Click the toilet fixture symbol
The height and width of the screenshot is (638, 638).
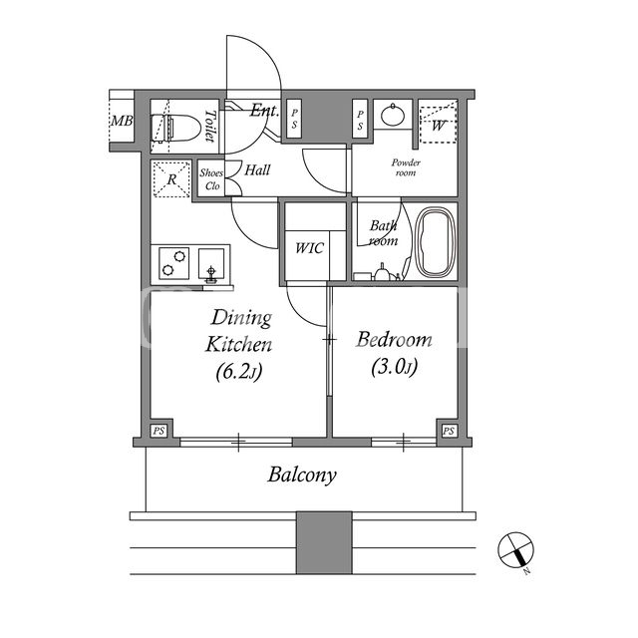tap(175, 129)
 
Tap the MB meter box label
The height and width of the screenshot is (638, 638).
tap(122, 121)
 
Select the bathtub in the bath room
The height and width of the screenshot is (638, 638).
tap(436, 243)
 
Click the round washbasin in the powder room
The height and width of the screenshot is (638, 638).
tap(393, 115)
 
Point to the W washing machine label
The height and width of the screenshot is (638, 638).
tap(438, 126)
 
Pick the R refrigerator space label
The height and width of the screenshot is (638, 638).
tap(171, 179)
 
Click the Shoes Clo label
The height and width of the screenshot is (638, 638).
tap(211, 179)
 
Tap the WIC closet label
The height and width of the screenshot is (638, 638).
tap(309, 248)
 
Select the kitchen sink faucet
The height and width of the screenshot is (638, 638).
tap(210, 274)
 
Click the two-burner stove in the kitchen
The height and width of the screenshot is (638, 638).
tap(173, 263)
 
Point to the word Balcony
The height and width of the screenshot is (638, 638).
tap(302, 476)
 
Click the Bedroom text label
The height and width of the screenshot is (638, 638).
tap(394, 340)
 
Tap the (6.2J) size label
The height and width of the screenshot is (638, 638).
tap(239, 371)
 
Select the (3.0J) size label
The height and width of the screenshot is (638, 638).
tap(394, 368)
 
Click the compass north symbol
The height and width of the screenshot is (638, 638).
tap(515, 550)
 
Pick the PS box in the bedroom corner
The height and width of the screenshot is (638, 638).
tap(449, 431)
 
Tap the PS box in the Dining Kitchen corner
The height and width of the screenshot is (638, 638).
tap(159, 431)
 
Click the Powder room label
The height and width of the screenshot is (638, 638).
tap(406, 167)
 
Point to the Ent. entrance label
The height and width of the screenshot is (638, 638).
tap(264, 111)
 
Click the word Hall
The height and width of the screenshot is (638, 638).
tap(257, 169)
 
